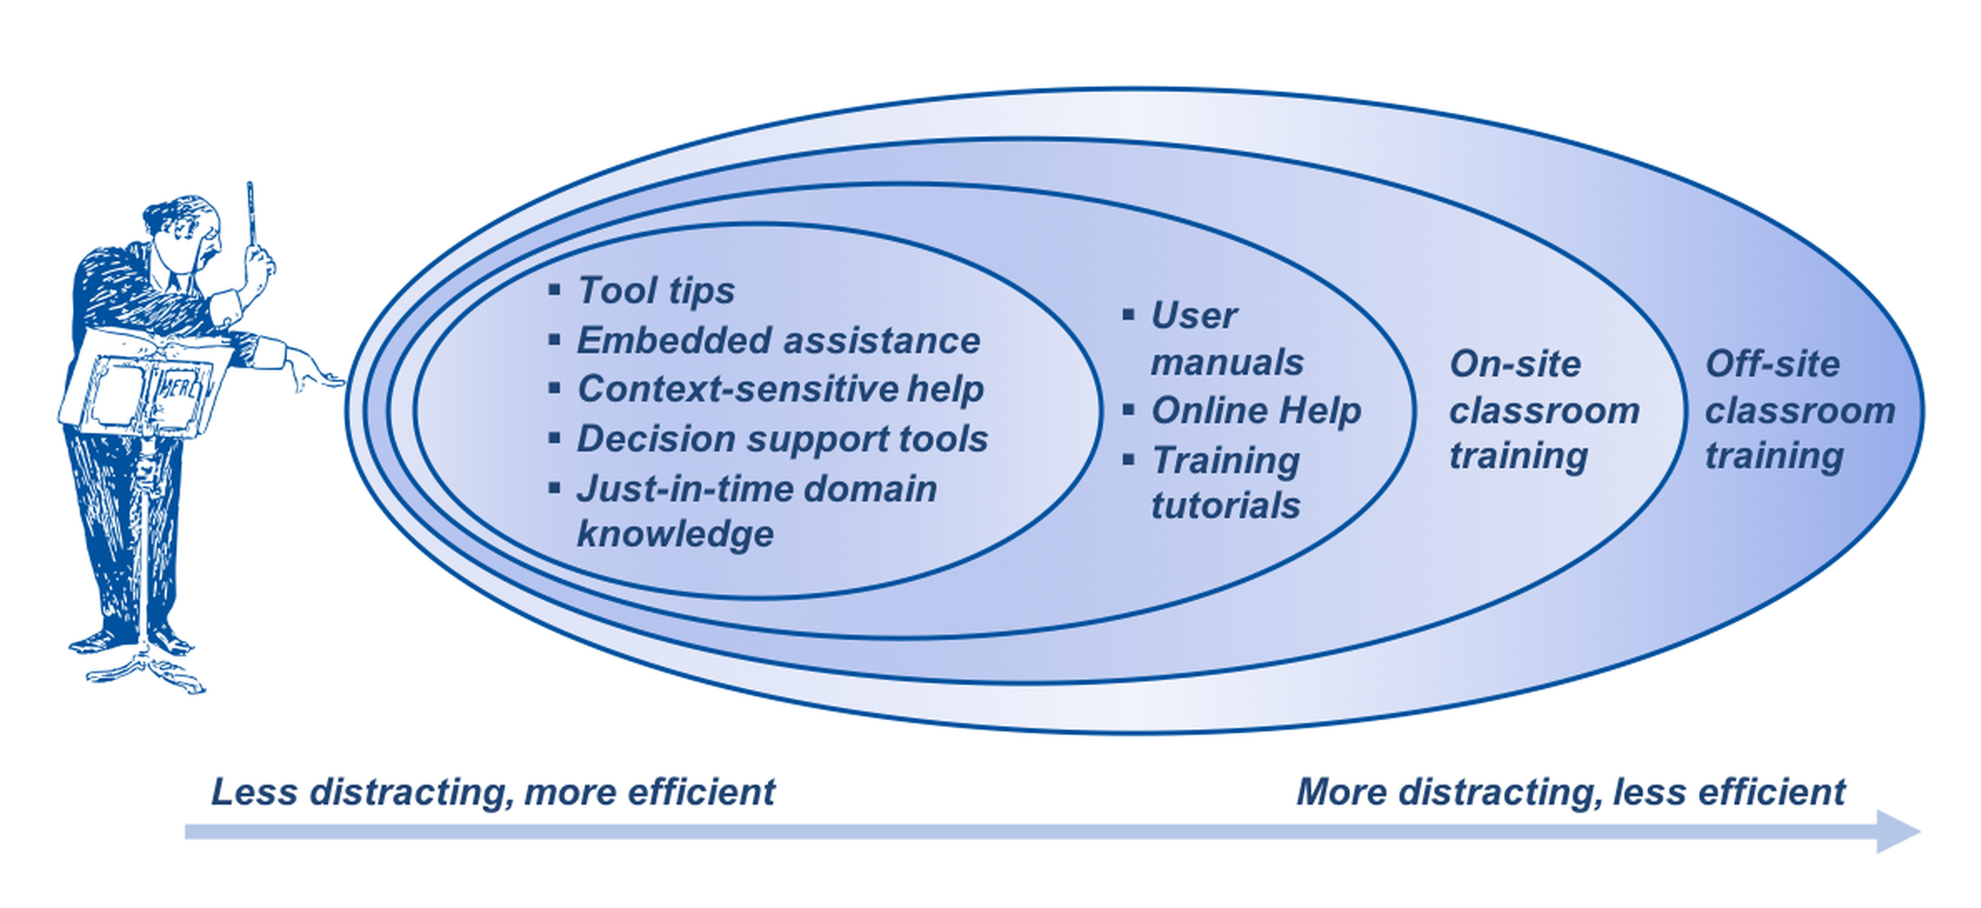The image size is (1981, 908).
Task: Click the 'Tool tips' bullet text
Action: (x=656, y=291)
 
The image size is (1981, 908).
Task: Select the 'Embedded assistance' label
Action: (x=778, y=341)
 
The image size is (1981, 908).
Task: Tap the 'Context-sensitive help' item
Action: (x=781, y=389)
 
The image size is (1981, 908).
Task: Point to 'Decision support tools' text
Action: (x=782, y=439)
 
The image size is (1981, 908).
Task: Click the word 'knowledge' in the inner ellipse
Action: (x=675, y=534)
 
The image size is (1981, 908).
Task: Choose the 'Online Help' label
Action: (x=1255, y=411)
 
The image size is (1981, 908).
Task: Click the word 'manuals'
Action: (x=1227, y=362)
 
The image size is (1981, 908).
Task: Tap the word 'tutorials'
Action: (x=1225, y=506)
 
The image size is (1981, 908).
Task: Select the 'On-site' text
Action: (x=1514, y=364)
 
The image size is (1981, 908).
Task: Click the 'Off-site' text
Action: (x=1772, y=364)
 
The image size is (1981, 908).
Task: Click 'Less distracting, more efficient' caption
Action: (x=493, y=792)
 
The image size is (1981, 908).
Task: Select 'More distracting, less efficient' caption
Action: (x=1570, y=792)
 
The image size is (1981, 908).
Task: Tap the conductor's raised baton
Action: (x=250, y=212)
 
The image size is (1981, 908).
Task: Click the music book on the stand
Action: (x=146, y=387)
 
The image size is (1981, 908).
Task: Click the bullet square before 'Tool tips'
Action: (x=555, y=290)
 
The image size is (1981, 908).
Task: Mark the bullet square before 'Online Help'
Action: (x=1129, y=410)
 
